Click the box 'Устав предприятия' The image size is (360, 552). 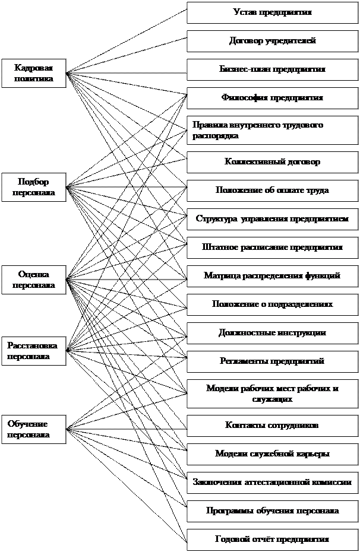tap(272, 12)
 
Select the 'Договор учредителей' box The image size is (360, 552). tap(272, 41)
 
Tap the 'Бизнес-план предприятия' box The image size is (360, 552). tap(272, 69)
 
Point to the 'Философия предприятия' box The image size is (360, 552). tap(272, 98)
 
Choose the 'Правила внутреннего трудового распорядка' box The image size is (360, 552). tap(272, 131)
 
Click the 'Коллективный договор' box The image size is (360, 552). tap(272, 162)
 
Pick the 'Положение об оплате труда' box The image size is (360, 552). tap(272, 191)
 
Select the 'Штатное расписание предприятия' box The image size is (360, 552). tap(272, 248)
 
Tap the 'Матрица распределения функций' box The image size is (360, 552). tap(272, 276)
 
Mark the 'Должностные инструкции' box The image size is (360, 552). tap(272, 333)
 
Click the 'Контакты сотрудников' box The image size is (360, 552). tap(272, 426)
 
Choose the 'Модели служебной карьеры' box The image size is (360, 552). tap(272, 454)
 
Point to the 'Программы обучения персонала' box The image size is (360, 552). tap(272, 511)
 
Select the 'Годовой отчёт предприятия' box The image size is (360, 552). tap(272, 540)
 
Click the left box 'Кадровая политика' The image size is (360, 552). tap(33, 73)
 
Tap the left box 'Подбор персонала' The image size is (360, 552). tap(33, 188)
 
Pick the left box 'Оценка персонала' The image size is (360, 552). tap(33, 280)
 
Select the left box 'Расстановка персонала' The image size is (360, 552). tap(33, 351)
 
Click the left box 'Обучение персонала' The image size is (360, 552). tap(33, 429)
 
